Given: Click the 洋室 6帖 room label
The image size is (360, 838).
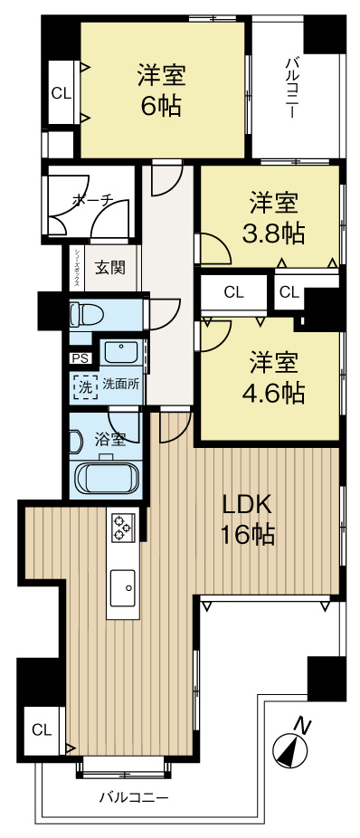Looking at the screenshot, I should pos(160,89).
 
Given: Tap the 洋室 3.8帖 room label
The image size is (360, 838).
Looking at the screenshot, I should pos(272,218).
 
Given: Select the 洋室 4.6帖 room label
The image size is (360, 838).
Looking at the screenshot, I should pos(272,377).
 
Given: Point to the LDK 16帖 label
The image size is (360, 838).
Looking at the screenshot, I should pos(247,519).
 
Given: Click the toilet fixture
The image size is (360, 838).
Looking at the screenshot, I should pos(88,314).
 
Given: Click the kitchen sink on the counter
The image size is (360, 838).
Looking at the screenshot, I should pos(122,588).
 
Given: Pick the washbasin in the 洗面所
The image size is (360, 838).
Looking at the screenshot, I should pos(120,351).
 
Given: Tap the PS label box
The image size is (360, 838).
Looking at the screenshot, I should pos(80,357).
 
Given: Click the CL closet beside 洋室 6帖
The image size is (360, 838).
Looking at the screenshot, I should pos(62,91).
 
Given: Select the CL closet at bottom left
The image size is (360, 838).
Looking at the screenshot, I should pos(42,729).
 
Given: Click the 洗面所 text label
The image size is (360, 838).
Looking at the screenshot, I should pos(120,383).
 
